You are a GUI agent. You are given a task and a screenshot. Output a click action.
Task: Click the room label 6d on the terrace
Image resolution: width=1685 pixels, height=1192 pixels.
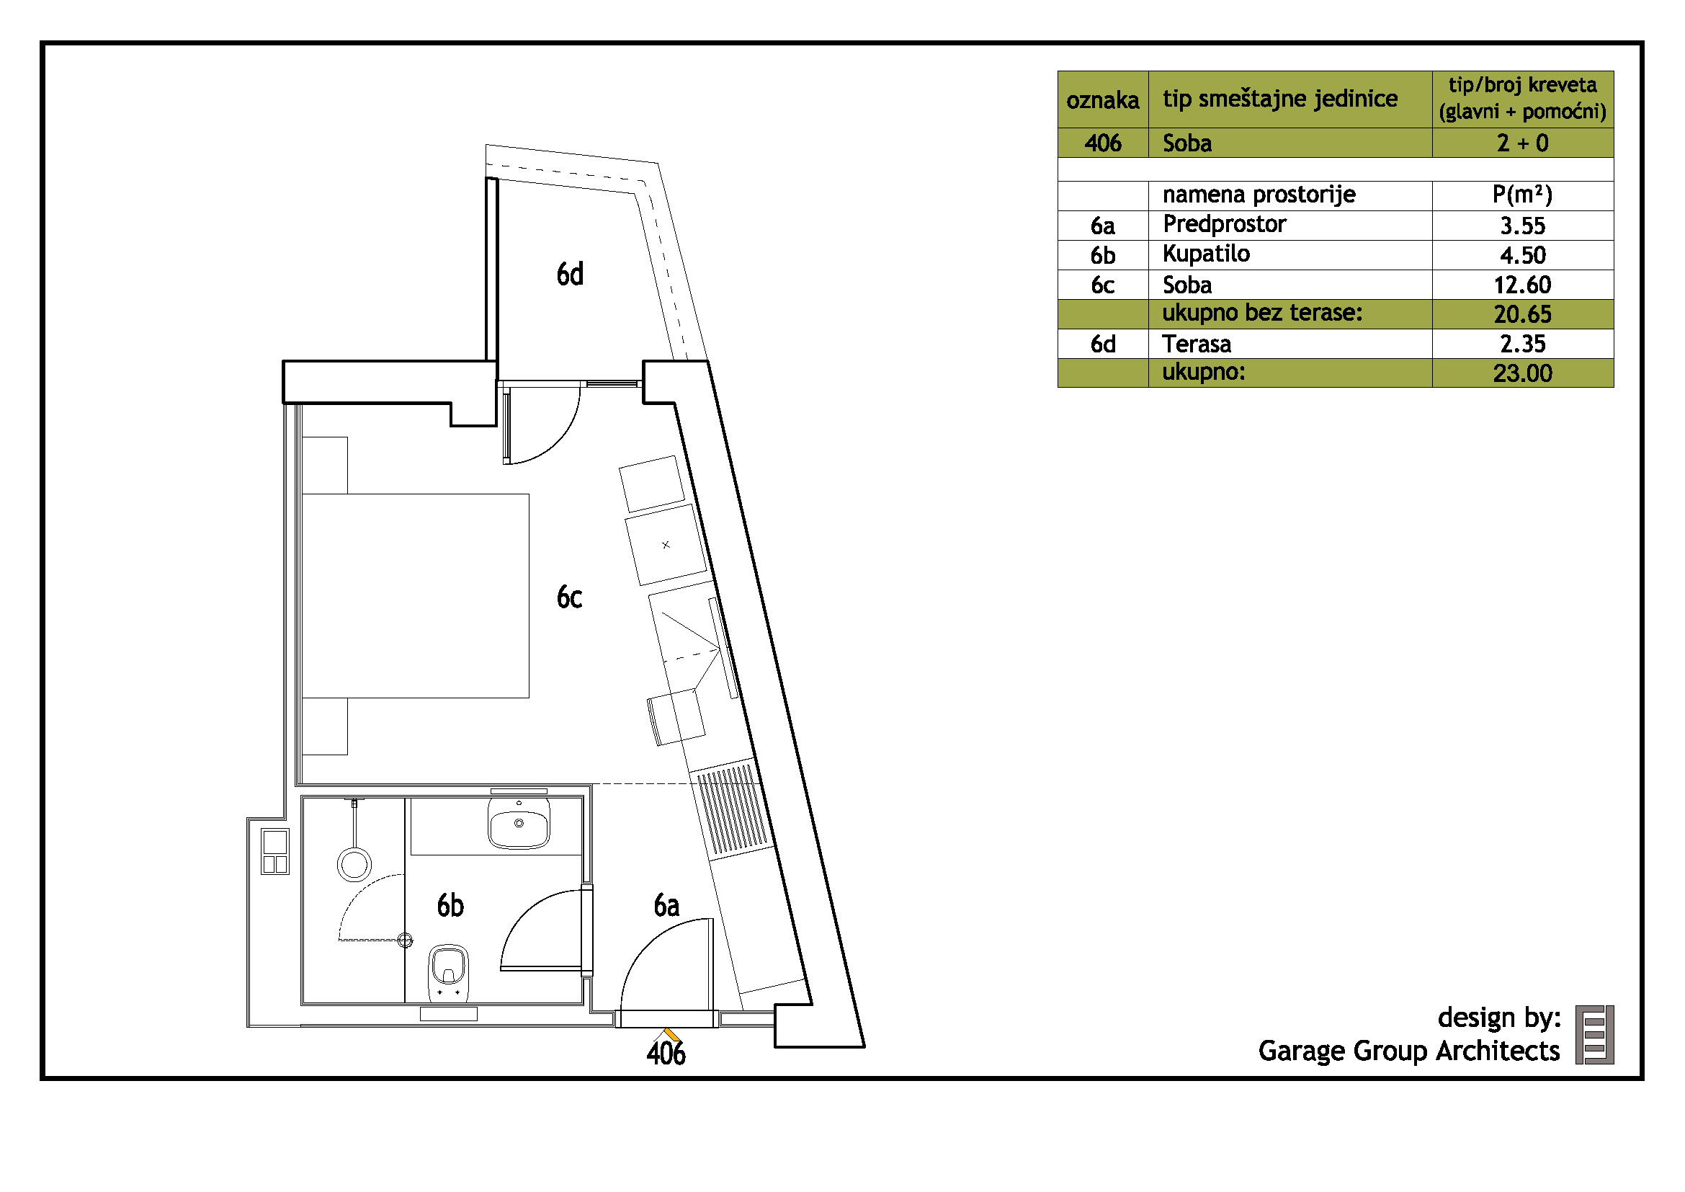571,274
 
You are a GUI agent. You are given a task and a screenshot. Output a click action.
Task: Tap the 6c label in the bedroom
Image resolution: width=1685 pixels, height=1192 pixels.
570,597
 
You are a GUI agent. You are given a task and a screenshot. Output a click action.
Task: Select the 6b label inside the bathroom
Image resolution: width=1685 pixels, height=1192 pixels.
450,906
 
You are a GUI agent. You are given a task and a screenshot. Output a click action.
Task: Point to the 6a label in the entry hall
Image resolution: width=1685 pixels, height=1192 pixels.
666,906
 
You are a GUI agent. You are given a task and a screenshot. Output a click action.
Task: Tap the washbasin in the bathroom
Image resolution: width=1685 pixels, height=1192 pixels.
519,823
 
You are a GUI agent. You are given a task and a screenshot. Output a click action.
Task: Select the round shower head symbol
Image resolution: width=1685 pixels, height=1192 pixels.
354,864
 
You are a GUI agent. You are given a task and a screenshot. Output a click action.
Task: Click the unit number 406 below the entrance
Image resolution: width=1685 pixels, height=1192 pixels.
666,1054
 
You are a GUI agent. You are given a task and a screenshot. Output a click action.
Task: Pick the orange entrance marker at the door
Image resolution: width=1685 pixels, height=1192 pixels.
671,1034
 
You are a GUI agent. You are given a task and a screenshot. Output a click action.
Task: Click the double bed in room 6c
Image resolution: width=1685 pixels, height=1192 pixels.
416,596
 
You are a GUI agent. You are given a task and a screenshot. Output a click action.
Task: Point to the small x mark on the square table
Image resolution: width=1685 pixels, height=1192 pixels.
666,545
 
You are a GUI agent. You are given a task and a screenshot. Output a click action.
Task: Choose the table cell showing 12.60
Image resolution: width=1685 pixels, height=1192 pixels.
1523,285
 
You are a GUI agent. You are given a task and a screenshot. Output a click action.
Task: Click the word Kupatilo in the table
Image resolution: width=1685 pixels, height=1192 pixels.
1207,254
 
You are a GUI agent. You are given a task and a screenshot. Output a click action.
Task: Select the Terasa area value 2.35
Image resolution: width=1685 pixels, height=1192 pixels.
1523,344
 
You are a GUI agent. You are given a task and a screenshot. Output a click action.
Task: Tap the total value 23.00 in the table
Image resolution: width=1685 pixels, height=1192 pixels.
1523,373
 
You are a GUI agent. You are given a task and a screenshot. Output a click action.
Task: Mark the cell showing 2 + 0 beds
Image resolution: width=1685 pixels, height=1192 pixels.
1523,143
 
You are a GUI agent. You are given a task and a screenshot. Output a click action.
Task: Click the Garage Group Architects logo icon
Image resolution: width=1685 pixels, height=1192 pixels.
1595,1035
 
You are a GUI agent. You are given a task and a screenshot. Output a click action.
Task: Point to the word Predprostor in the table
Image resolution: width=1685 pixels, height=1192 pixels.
1225,225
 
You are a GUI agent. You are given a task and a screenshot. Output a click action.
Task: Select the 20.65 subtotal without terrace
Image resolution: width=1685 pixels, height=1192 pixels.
1523,314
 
